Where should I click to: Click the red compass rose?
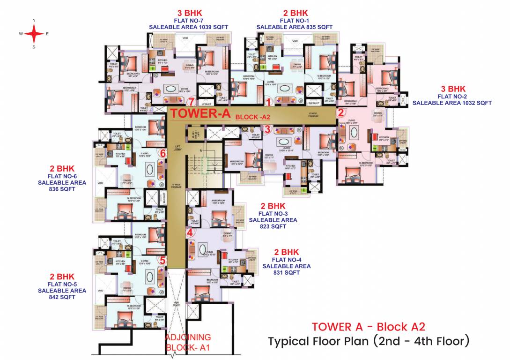click(34, 33)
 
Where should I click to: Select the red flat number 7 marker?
click(190, 102)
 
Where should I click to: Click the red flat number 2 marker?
click(341, 112)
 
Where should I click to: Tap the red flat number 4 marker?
click(190, 232)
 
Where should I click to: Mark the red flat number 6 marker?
click(163, 153)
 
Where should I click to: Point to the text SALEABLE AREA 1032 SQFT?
click(452, 103)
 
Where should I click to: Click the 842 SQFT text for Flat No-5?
click(62, 297)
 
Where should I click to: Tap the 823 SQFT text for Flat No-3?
click(273, 226)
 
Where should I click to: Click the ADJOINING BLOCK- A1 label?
click(188, 342)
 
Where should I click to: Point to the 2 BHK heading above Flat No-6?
click(62, 168)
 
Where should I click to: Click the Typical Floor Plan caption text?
click(368, 341)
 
